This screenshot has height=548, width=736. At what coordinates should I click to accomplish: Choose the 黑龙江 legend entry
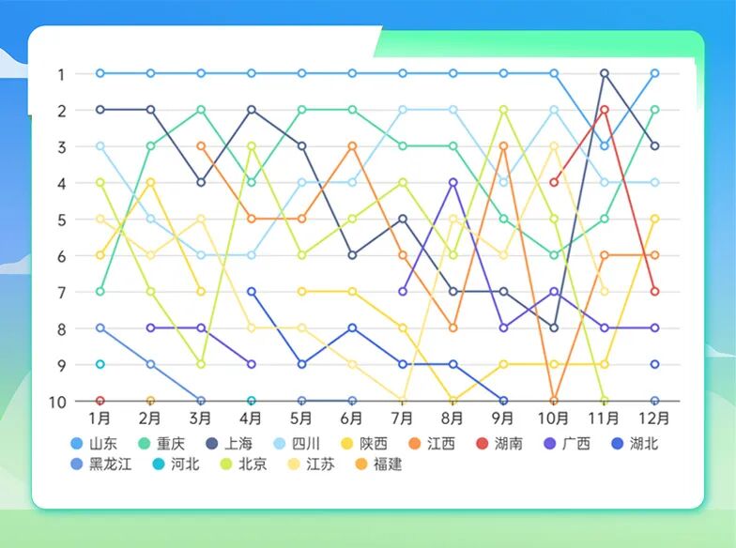[100, 464]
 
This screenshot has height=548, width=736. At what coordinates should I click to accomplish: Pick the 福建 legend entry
[377, 464]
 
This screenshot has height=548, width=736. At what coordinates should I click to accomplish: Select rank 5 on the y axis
[60, 220]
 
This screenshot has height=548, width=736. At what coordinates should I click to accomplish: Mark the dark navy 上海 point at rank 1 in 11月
[605, 73]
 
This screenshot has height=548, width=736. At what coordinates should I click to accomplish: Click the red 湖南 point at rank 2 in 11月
[605, 110]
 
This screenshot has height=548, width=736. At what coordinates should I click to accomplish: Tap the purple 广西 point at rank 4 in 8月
[453, 182]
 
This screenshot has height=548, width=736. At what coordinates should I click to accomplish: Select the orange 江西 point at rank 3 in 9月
[504, 146]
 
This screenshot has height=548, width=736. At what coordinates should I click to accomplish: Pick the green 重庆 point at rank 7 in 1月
[100, 291]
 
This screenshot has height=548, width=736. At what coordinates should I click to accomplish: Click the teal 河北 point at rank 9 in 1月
[100, 364]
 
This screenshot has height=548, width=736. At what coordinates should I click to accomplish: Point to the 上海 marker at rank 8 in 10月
[554, 327]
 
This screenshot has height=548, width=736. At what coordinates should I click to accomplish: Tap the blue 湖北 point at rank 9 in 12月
[654, 364]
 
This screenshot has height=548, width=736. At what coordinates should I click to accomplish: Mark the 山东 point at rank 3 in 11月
[605, 146]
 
